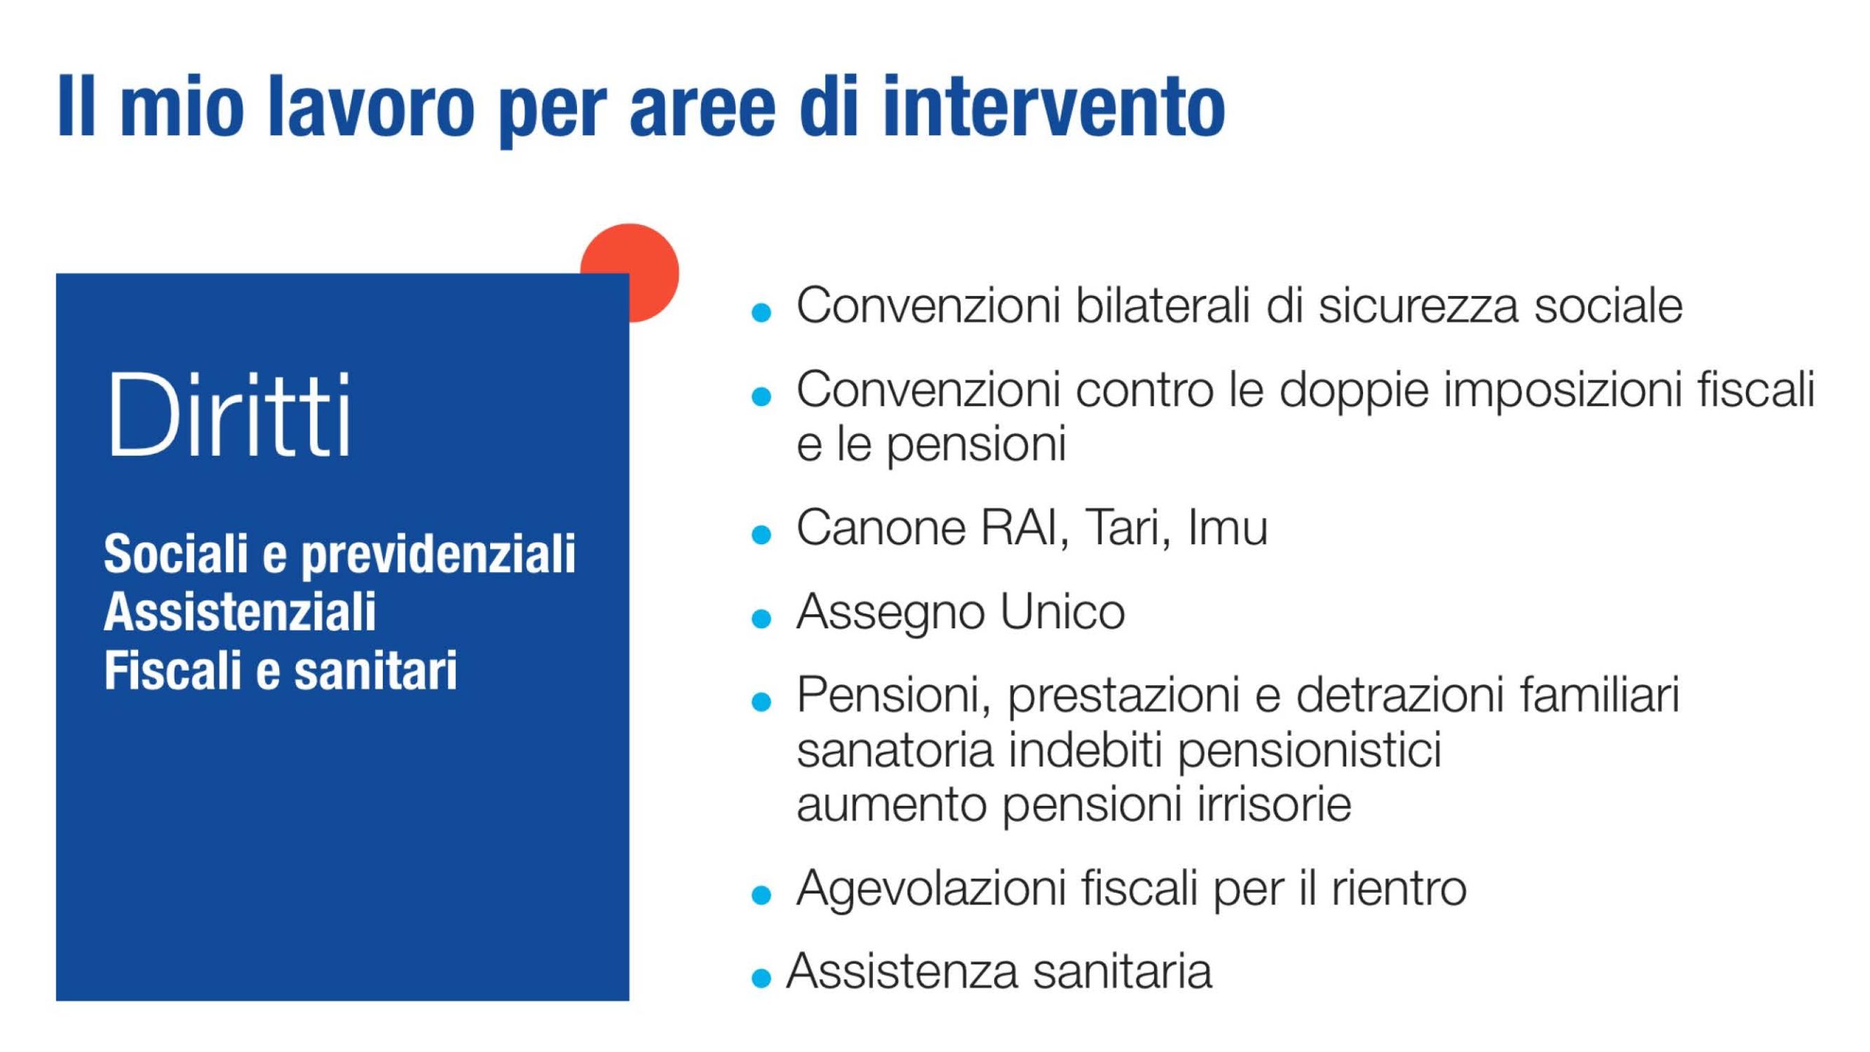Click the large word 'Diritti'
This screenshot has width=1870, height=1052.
click(x=230, y=414)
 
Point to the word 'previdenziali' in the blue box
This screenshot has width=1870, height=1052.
click(x=438, y=555)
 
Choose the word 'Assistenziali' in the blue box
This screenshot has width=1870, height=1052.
click(x=240, y=611)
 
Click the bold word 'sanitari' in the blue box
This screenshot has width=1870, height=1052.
click(x=375, y=670)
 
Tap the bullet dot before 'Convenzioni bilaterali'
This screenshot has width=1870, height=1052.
click(x=761, y=313)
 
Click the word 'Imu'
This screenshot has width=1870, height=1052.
click(x=1227, y=527)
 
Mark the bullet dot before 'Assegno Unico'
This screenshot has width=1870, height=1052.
click(x=761, y=619)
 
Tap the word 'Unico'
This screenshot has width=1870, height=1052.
click(x=1062, y=611)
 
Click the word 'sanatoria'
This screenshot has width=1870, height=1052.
click(x=895, y=750)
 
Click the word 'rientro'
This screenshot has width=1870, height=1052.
click(x=1398, y=888)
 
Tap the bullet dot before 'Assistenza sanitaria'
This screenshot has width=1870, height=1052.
click(x=761, y=978)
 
